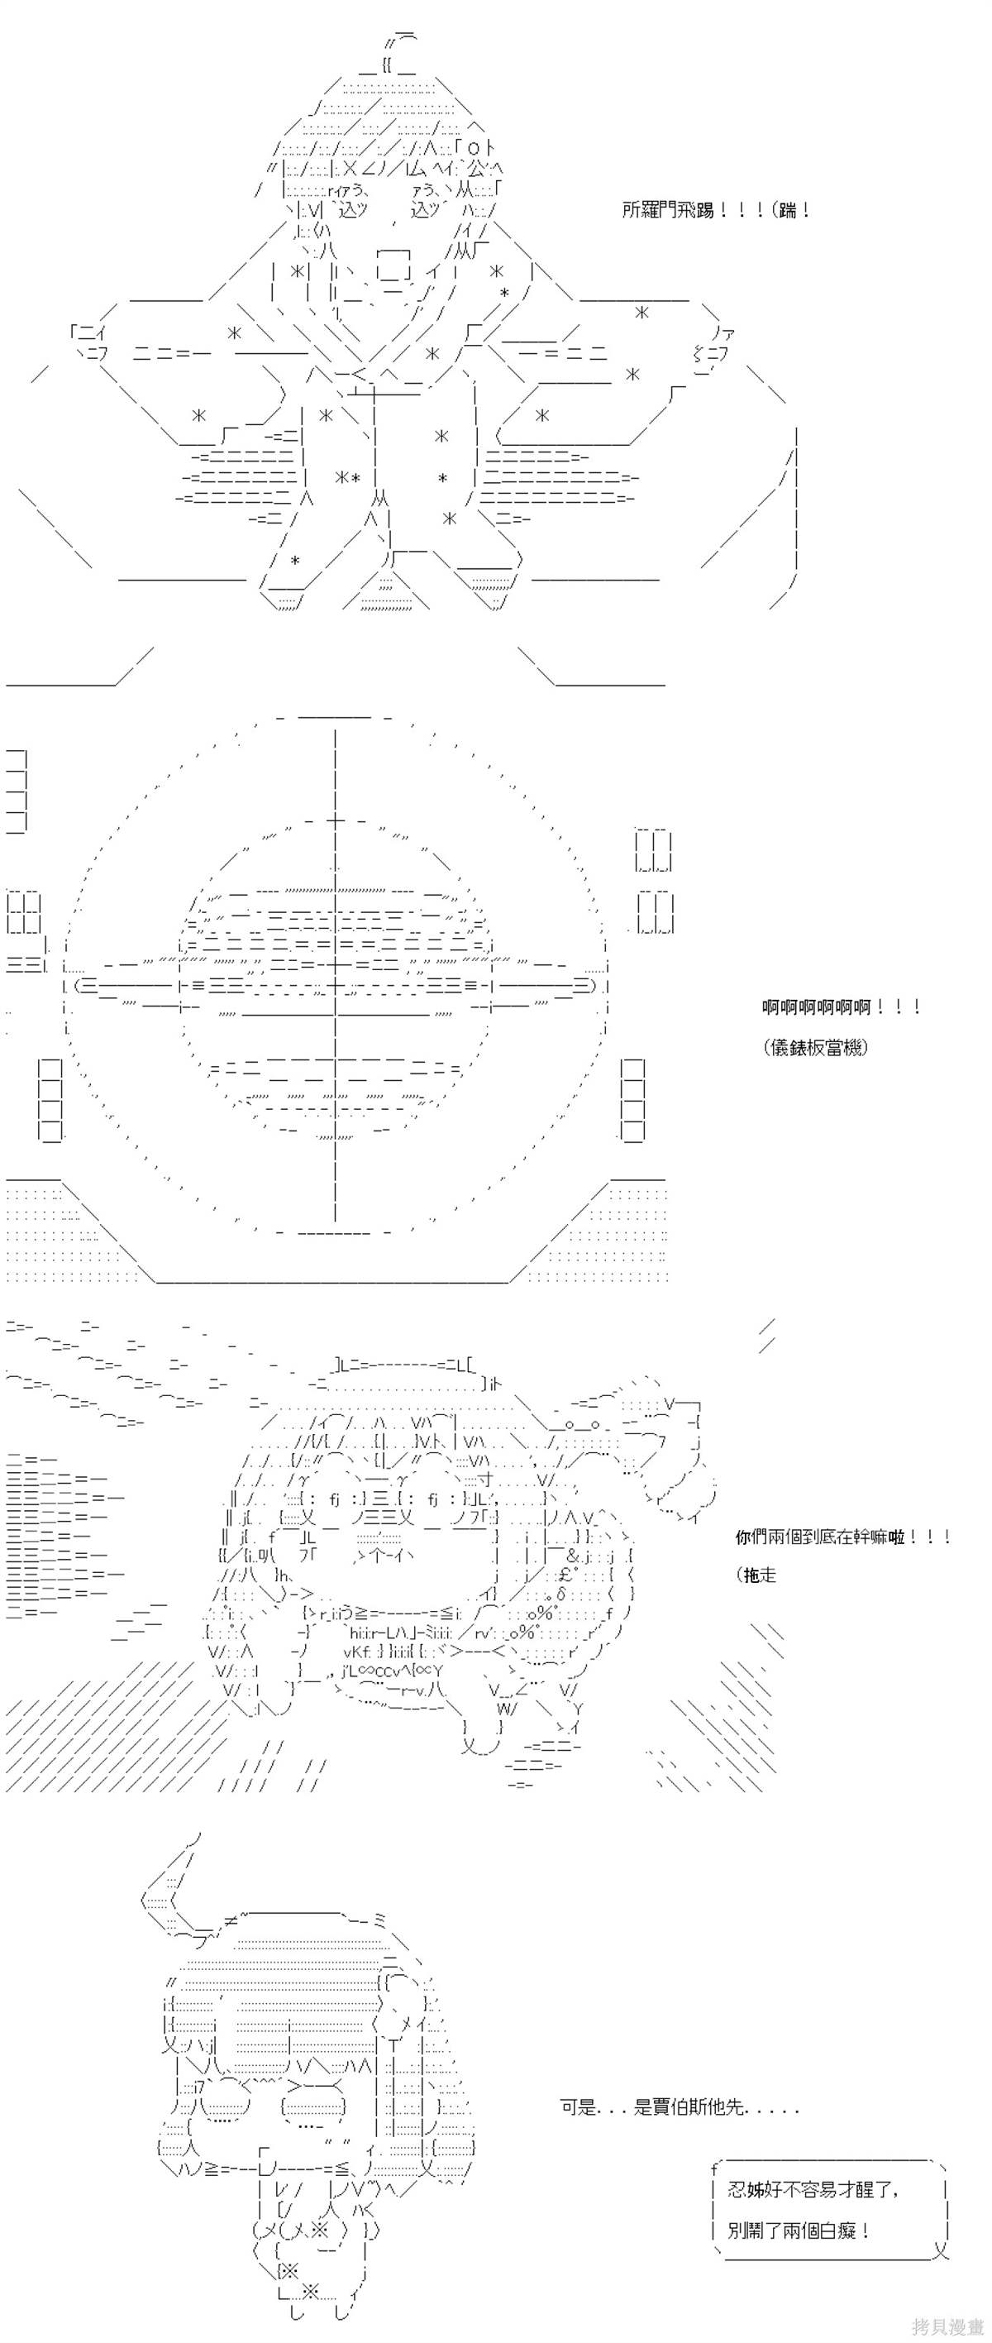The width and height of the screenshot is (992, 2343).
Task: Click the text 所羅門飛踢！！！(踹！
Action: tap(717, 210)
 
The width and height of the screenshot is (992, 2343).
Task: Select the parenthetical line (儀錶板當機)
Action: tap(817, 1047)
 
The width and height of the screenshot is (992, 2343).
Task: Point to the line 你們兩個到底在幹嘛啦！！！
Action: tap(843, 1537)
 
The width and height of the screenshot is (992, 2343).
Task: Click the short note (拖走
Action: tap(756, 1576)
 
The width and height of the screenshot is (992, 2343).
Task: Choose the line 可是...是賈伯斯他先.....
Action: tap(679, 2106)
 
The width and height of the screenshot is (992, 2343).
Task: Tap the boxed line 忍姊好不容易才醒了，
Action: tap(813, 2191)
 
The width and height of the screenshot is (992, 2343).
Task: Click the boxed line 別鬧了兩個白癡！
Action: tap(799, 2231)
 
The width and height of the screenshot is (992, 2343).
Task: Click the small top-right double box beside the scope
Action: tap(653, 850)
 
